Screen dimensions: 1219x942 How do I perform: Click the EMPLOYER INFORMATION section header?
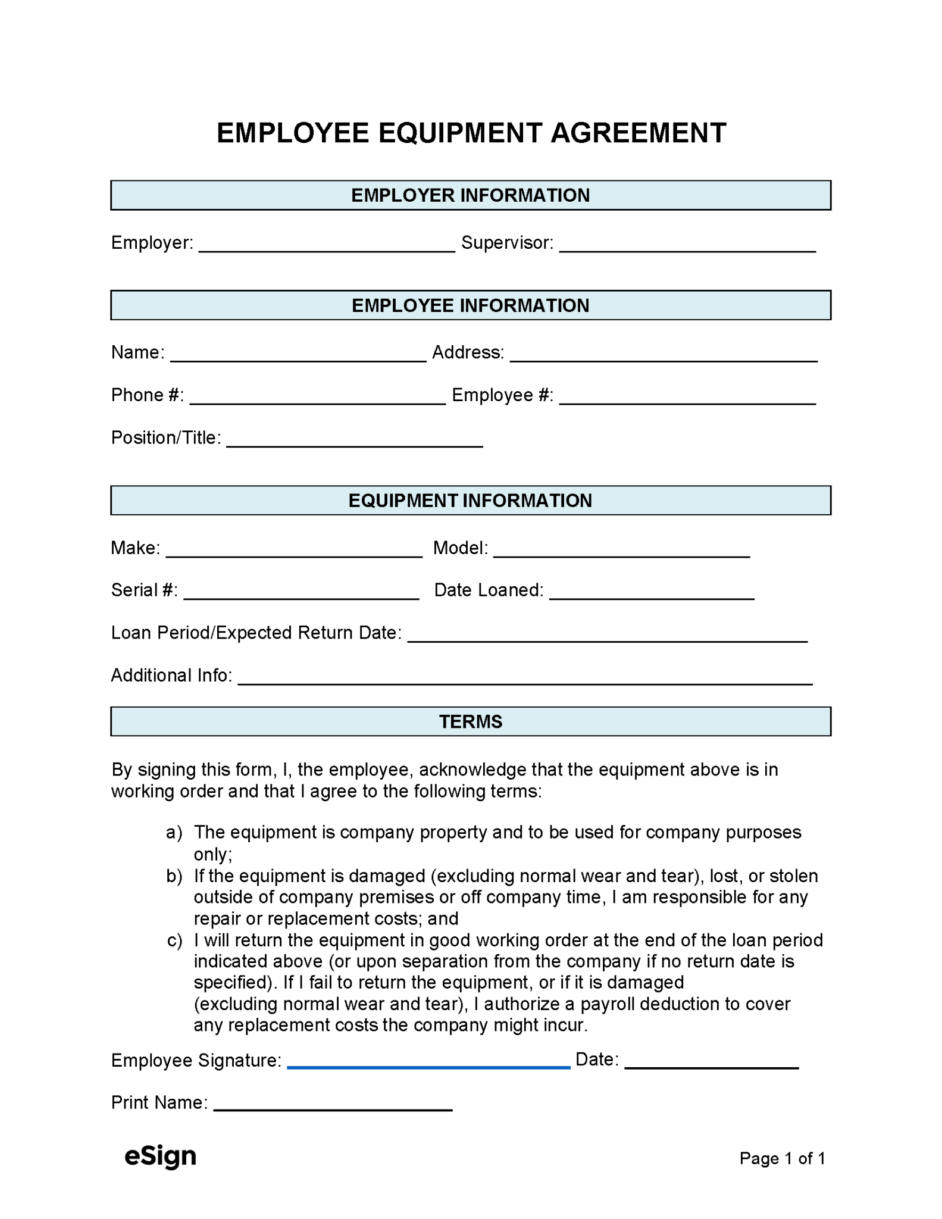470,195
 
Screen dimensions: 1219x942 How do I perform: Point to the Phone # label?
147,395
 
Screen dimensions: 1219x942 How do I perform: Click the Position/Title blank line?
355,444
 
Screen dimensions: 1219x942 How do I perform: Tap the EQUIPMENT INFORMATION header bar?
470,500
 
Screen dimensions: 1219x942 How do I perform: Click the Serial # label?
144,590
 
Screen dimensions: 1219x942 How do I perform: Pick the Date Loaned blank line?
652,596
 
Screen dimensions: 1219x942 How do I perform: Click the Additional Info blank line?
525,682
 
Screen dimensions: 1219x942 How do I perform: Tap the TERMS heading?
470,721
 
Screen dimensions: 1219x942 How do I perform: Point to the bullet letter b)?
174,876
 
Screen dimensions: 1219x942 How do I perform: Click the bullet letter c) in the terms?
174,940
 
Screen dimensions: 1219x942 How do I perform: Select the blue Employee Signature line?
428,1066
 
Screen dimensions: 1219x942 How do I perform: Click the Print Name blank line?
333,1108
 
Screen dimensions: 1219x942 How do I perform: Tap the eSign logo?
160,1157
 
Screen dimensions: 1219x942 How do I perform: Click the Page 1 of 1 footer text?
782,1158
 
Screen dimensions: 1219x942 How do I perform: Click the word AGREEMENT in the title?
638,133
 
